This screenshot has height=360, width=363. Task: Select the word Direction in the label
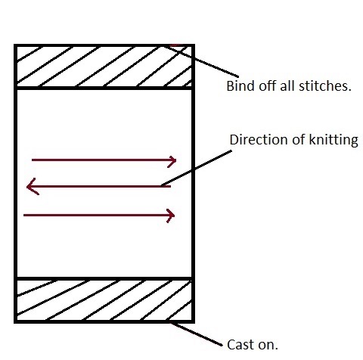[259, 139]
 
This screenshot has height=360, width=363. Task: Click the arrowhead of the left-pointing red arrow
[33, 187]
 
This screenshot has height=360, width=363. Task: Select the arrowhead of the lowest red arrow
[171, 216]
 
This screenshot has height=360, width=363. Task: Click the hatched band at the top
[104, 67]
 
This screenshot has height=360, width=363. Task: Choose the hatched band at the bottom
[104, 300]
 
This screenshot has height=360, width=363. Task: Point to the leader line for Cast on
[196, 334]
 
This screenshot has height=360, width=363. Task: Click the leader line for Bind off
[200, 61]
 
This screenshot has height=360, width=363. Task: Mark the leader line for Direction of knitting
[197, 168]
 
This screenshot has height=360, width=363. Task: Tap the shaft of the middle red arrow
[99, 187]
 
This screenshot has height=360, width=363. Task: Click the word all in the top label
[288, 86]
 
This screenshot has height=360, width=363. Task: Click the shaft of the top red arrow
[104, 160]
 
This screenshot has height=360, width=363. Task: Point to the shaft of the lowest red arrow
[98, 215]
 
